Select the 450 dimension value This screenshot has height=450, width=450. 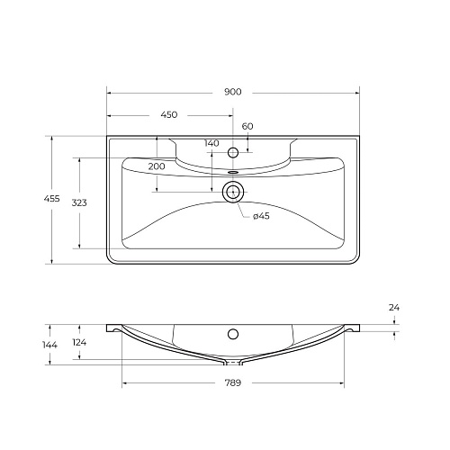tap(169, 115)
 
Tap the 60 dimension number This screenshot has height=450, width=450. tap(247, 126)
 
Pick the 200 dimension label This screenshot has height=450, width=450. tap(157, 166)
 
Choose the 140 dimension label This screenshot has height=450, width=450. tap(211, 144)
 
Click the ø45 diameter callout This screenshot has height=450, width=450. tap(261, 216)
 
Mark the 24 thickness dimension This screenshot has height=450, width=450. tap(393, 308)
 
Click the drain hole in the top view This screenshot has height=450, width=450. tap(233, 190)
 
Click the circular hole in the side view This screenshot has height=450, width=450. tap(233, 335)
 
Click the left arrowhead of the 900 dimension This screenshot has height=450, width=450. tap(110, 92)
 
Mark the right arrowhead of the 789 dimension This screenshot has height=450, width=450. tap(343, 382)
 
